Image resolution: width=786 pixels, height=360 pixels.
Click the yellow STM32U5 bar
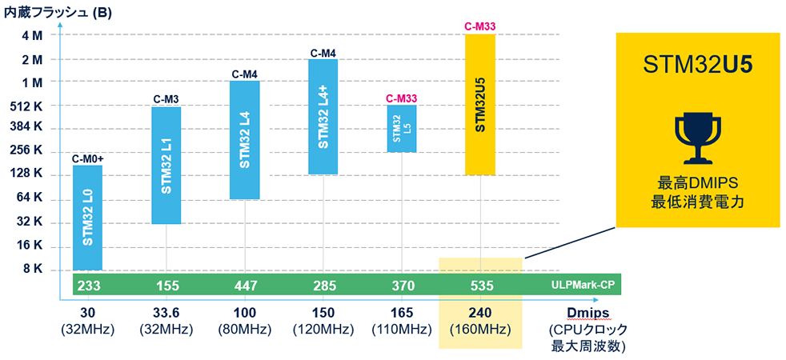click(x=480, y=104)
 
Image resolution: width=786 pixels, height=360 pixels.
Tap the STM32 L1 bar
click(x=166, y=165)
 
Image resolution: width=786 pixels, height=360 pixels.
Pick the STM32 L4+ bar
click(x=323, y=117)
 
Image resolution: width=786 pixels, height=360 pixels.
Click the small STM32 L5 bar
click(x=401, y=128)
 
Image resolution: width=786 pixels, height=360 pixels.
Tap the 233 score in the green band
click(x=87, y=285)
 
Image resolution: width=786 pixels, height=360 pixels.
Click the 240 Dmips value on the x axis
click(x=480, y=314)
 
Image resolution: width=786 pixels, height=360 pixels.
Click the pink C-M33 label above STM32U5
click(x=480, y=26)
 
